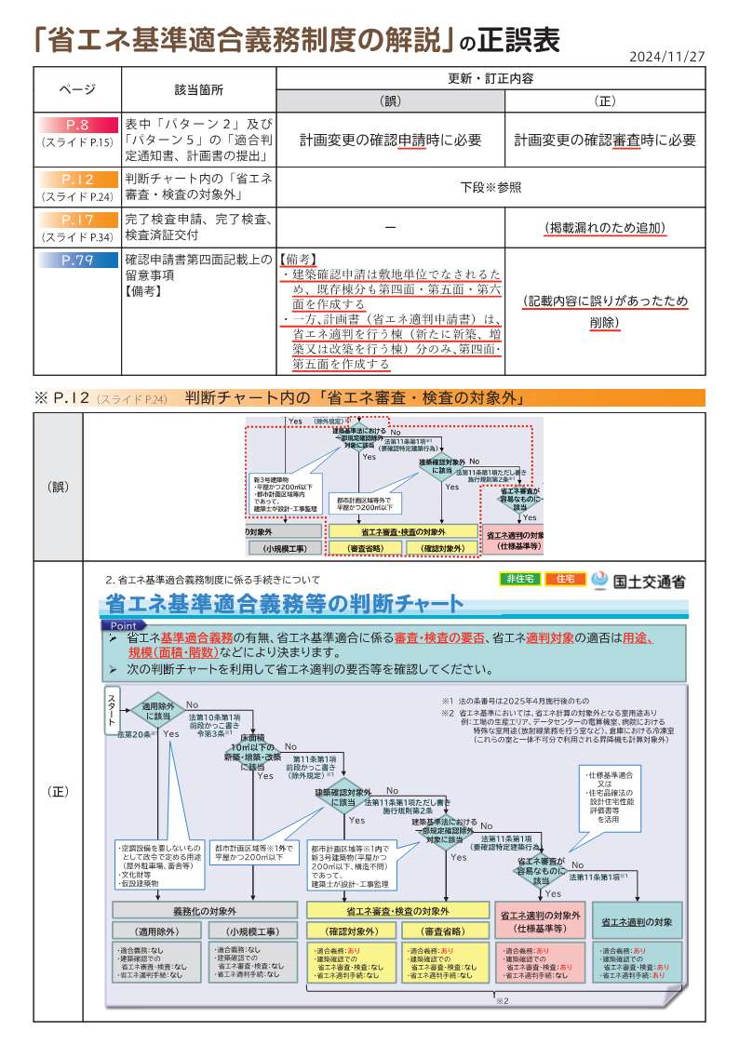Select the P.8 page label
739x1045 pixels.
point(77,124)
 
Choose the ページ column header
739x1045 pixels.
point(77,89)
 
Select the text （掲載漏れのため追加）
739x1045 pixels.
point(605,227)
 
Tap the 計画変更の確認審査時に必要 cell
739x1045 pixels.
point(605,141)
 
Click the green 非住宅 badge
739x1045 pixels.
point(519,579)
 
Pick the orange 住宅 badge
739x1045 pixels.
point(565,579)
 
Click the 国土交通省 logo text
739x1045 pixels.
point(649,581)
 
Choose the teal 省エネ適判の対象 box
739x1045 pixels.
point(637,921)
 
